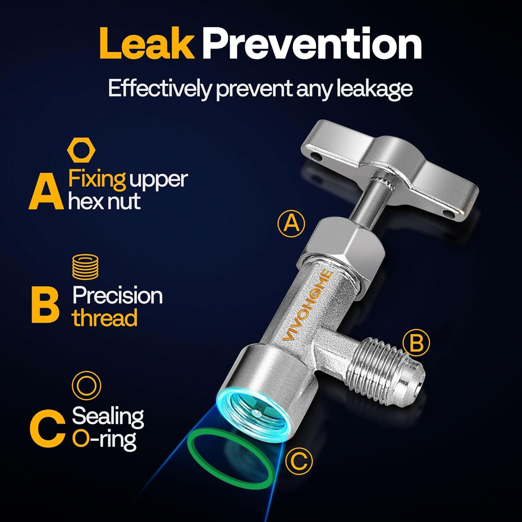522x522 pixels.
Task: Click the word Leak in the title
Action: (147, 43)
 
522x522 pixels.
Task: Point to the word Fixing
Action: (97, 179)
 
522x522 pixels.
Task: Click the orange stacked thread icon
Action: (85, 267)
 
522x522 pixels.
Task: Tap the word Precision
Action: (118, 295)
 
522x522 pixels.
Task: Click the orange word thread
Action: (105, 318)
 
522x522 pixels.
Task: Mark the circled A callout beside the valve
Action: (291, 223)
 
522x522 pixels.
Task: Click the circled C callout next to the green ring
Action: (299, 461)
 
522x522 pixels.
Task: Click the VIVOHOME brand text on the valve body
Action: (308, 306)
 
